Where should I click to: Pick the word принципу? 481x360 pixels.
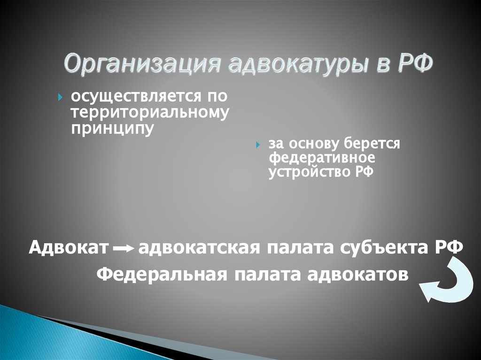click(112, 128)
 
